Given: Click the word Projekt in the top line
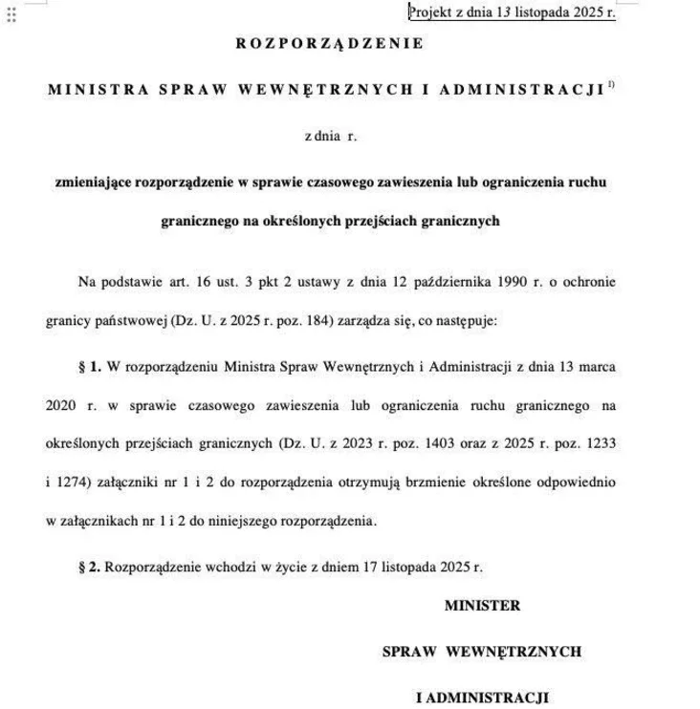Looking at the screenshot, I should pos(431,12).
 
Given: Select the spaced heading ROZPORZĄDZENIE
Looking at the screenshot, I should pos(327,44).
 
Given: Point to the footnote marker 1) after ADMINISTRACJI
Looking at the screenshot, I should pos(611,85).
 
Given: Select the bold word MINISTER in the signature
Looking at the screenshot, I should pos(482,606).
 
